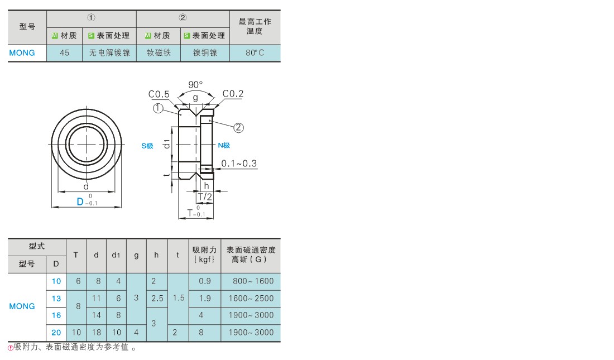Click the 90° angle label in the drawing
[195, 84]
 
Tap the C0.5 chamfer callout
[159, 94]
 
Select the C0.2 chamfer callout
[233, 94]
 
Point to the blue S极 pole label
[147, 146]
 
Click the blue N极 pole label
[224, 145]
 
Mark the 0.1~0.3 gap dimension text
[239, 164]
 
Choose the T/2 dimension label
[205, 196]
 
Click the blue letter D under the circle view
[80, 201]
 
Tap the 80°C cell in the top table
[255, 53]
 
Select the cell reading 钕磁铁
[159, 53]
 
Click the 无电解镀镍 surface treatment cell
[109, 53]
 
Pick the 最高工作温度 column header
[255, 26]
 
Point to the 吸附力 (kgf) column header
[204, 255]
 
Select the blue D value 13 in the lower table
[56, 299]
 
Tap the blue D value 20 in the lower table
[56, 333]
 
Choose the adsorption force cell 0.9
[204, 281]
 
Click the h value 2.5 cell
[157, 299]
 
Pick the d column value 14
[97, 315]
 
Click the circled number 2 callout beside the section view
[238, 128]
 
